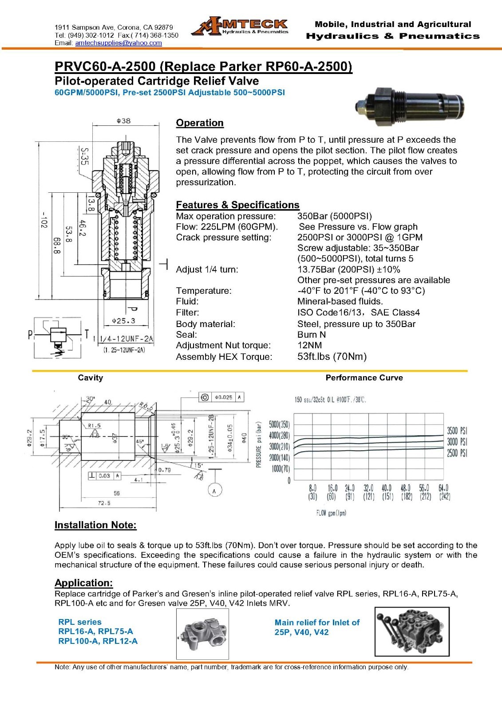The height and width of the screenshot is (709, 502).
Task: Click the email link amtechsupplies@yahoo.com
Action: (x=119, y=43)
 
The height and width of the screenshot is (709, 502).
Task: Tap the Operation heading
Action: (x=200, y=123)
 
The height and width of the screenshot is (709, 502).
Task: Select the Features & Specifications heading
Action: (x=237, y=205)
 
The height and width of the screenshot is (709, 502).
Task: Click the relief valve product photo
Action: (x=411, y=105)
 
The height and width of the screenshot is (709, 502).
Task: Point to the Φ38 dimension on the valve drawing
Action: (x=123, y=121)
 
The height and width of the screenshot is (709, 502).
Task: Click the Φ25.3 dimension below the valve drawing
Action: (x=123, y=320)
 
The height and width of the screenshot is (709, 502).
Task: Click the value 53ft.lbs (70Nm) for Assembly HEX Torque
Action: (x=332, y=357)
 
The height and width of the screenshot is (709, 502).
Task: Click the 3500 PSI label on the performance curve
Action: (x=457, y=431)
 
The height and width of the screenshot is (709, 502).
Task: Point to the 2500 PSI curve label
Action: (x=457, y=453)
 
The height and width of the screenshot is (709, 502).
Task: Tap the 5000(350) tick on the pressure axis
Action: (x=279, y=424)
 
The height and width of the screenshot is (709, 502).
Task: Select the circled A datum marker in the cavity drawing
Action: (x=215, y=491)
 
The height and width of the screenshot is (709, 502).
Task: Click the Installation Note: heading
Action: (x=95, y=525)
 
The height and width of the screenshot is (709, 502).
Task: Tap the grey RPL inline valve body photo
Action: (x=202, y=634)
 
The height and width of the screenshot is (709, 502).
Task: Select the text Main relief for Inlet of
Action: (x=317, y=623)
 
